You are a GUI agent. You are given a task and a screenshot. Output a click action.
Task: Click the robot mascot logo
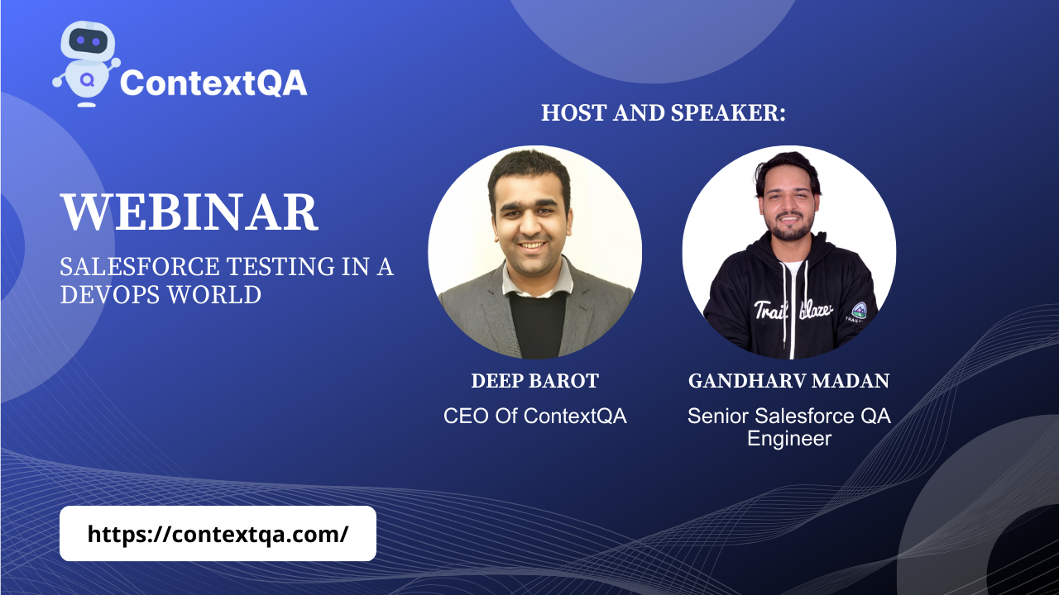(x=87, y=64)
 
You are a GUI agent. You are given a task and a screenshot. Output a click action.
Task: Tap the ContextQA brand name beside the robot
(x=213, y=83)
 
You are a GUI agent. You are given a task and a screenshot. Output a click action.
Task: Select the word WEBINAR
(x=189, y=212)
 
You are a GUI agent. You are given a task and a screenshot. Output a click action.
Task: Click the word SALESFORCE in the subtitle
(x=140, y=266)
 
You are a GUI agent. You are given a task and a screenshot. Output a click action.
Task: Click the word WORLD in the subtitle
(x=214, y=295)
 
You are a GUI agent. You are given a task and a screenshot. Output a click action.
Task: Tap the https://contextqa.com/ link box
(x=218, y=534)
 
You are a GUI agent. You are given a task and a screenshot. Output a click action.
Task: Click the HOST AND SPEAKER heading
(x=664, y=113)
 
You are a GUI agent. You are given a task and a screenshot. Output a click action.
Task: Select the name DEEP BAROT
(x=534, y=381)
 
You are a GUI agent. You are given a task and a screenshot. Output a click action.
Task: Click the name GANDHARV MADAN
(x=788, y=381)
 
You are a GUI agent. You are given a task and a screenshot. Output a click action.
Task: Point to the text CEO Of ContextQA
(x=534, y=416)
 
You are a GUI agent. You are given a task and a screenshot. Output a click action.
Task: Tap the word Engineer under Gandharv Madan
(x=789, y=439)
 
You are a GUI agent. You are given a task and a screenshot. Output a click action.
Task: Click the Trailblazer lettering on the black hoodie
(x=793, y=310)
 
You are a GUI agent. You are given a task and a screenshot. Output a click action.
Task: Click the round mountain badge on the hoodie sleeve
(x=859, y=310)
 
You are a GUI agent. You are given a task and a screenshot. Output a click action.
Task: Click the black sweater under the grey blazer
(x=538, y=325)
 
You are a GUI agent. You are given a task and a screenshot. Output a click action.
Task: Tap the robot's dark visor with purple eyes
(x=88, y=41)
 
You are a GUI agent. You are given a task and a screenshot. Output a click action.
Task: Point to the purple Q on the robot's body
(x=87, y=80)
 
